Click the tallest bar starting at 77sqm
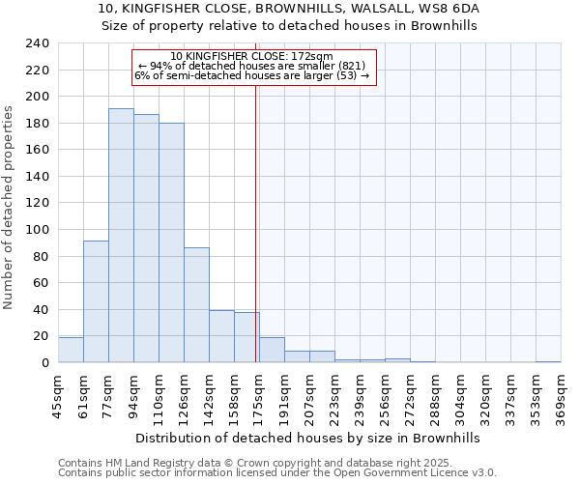click(x=121, y=236)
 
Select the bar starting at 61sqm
click(x=96, y=301)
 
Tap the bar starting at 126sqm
click(x=196, y=305)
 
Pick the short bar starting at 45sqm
click(x=71, y=350)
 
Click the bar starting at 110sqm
click(x=171, y=242)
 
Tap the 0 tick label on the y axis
click(x=44, y=363)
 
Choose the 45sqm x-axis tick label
click(x=59, y=398)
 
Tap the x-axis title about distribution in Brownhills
click(x=307, y=438)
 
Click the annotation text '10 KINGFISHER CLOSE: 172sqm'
click(x=251, y=56)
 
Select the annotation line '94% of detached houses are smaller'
click(x=251, y=66)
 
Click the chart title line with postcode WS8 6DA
click(x=289, y=8)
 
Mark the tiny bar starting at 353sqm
click(x=548, y=361)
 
